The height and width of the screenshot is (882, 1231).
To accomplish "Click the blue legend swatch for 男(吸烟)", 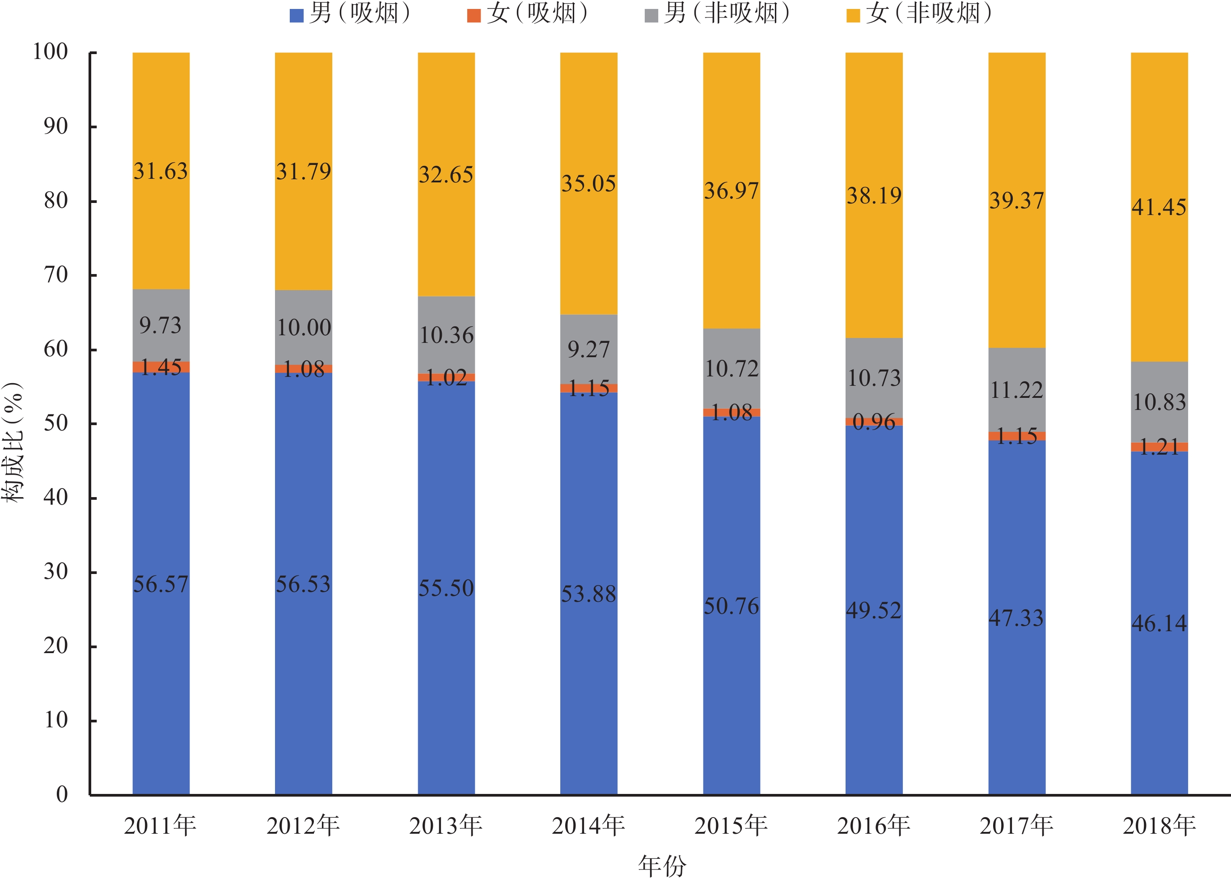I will point(296,16).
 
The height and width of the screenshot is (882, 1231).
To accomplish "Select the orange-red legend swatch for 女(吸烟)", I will point(474,16).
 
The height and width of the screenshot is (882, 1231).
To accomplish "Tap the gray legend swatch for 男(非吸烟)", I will point(651,16).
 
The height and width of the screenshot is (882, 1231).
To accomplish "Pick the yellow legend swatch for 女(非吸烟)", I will point(853,16).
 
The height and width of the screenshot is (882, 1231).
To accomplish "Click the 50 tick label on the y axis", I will point(55,424).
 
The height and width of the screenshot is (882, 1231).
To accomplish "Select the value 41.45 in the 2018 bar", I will point(1159,207).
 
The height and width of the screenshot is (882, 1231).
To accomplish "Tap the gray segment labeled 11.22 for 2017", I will point(1017,390).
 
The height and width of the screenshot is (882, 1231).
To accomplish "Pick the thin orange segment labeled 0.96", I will point(874,422).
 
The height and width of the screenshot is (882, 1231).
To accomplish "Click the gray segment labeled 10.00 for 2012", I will point(304,328).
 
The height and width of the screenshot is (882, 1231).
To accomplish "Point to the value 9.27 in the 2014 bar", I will point(589,350).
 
